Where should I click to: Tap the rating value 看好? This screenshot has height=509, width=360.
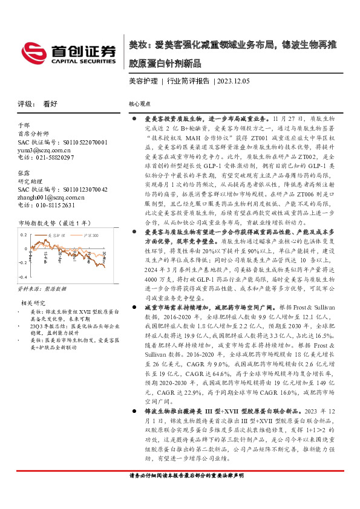click(50, 103)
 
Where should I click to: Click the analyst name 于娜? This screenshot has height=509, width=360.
click(24, 126)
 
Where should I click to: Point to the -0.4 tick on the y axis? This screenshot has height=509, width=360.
click(23, 275)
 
